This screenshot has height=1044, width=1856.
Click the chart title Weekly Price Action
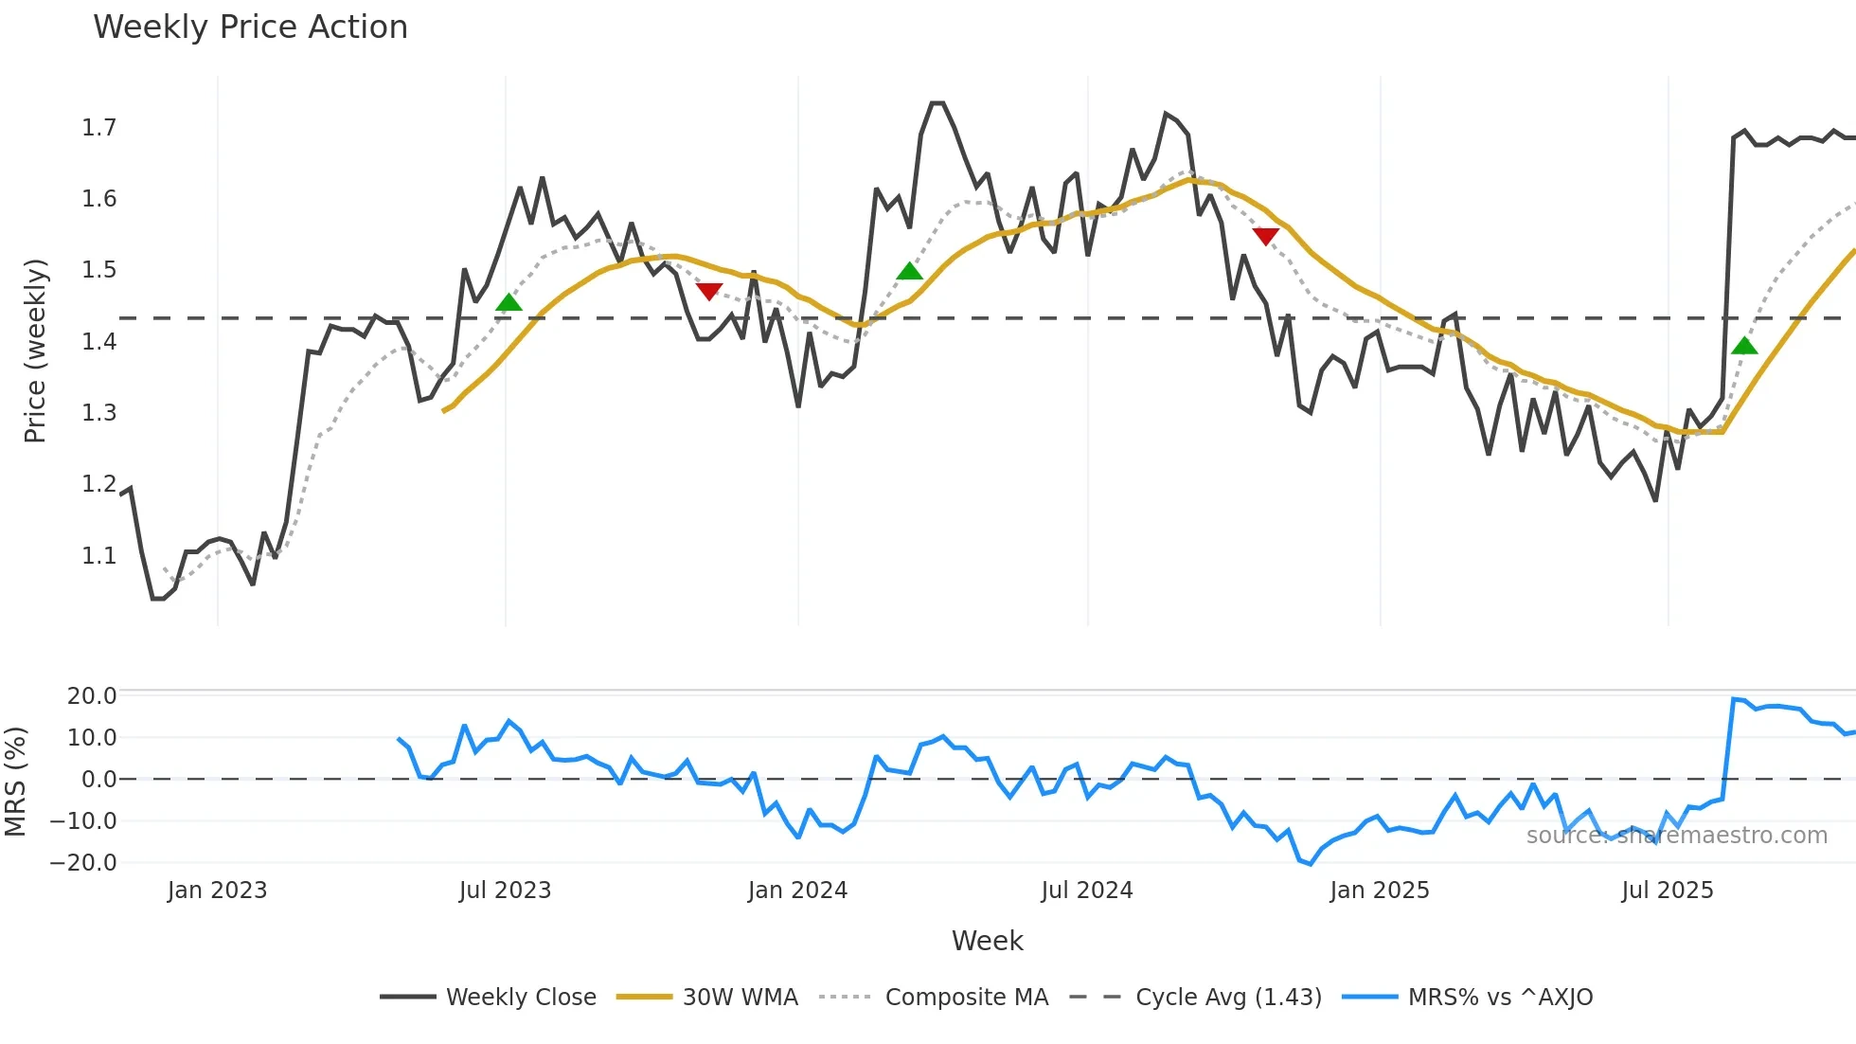click(250, 27)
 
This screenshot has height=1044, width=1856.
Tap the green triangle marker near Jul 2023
click(509, 303)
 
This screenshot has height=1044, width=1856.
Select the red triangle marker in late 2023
click(709, 291)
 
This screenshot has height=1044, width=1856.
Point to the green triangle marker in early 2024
click(909, 272)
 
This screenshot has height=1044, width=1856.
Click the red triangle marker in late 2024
click(1265, 236)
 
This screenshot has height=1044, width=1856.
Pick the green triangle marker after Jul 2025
click(1744, 346)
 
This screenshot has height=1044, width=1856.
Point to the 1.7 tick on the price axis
click(99, 128)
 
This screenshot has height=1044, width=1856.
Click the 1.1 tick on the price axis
click(99, 556)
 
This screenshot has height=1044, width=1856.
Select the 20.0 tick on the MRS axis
click(92, 696)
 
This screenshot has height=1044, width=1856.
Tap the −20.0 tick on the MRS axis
click(84, 863)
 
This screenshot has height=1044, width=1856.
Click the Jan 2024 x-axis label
click(797, 891)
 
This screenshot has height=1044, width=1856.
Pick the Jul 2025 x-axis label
click(1668, 891)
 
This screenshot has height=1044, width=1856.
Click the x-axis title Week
click(987, 941)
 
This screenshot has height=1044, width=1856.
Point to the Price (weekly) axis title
click(35, 351)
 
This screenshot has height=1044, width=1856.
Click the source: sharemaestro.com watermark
click(1676, 836)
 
